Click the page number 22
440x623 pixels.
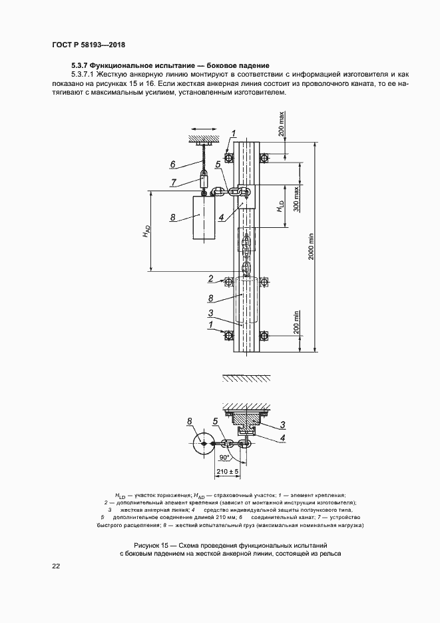(55, 566)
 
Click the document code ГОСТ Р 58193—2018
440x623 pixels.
(89, 45)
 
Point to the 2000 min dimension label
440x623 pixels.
(311, 247)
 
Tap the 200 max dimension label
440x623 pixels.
(282, 125)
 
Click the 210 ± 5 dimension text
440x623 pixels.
(228, 471)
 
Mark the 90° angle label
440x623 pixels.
(224, 458)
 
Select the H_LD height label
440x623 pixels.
(281, 206)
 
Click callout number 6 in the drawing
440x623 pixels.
(172, 164)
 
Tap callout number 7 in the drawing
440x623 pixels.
(173, 183)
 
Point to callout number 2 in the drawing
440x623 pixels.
(211, 279)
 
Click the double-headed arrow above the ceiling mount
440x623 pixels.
(203, 129)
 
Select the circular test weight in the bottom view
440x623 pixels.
(203, 443)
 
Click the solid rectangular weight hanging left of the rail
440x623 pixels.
(204, 218)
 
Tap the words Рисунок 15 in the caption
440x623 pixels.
(150, 544)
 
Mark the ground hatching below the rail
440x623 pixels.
(247, 377)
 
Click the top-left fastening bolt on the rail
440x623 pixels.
(228, 158)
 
